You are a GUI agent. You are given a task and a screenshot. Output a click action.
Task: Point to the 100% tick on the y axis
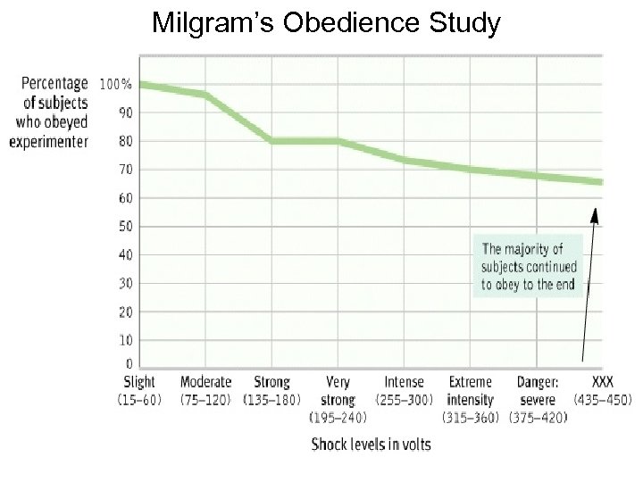[115, 85]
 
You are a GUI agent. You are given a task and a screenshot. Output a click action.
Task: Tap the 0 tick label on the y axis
[128, 363]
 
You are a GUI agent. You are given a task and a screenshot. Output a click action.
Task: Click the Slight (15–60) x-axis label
[139, 390]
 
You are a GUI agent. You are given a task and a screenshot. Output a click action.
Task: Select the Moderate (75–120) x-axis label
[205, 390]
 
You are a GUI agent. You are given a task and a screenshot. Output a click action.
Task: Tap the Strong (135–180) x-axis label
[271, 390]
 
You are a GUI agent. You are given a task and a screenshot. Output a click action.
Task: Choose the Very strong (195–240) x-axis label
[338, 399]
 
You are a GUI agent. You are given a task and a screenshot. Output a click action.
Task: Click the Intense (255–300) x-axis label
[404, 390]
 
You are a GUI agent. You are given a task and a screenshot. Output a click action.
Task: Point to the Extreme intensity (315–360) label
[471, 399]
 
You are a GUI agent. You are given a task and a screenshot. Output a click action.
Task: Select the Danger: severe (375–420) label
[538, 399]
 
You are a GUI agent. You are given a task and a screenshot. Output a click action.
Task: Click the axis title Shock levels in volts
[371, 444]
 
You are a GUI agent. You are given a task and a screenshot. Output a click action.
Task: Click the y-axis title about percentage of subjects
[50, 112]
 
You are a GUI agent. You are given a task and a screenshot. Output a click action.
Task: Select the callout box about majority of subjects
[529, 267]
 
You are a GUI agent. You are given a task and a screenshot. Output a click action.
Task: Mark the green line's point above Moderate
[205, 95]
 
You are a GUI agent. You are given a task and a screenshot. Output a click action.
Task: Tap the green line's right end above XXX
[600, 182]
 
